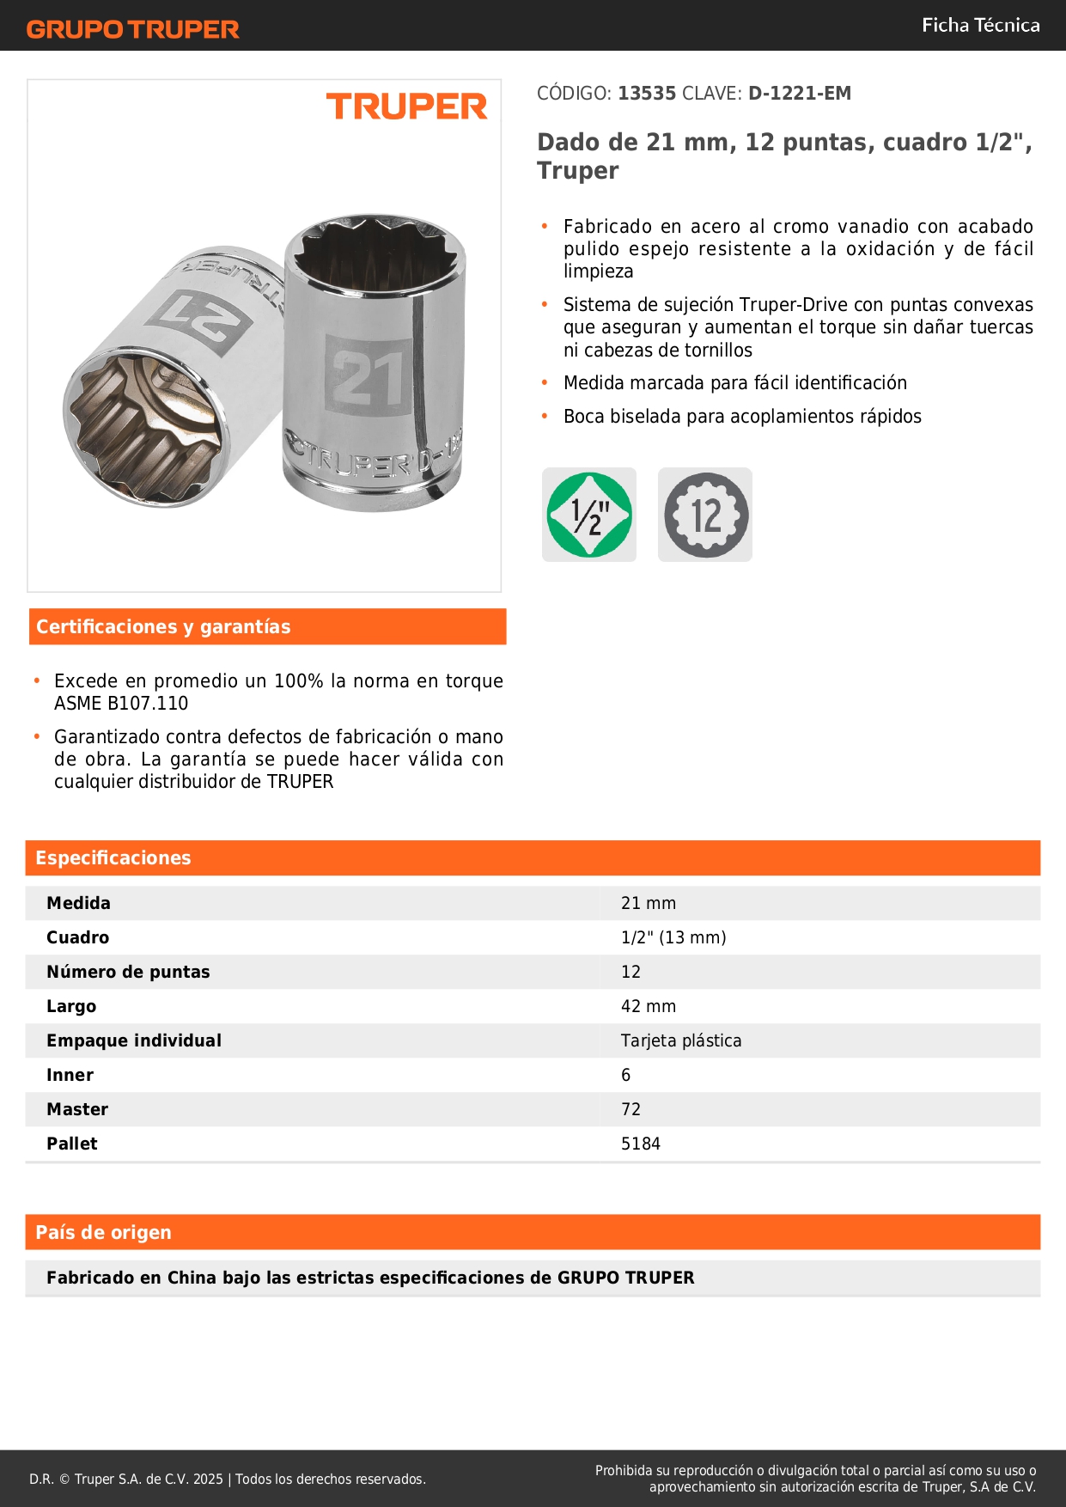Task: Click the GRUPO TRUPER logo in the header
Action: tap(132, 29)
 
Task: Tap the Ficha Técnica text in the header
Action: tap(980, 26)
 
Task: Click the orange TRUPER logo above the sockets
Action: tap(406, 107)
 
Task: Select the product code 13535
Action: tap(647, 94)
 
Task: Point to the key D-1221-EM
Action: tap(799, 94)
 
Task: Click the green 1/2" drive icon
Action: tap(589, 515)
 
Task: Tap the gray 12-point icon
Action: tap(705, 515)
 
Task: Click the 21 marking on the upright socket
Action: tap(369, 377)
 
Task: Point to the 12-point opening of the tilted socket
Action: tap(146, 429)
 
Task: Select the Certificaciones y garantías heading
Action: tap(163, 627)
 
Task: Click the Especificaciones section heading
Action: tap(113, 858)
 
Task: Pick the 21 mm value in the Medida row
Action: tap(649, 903)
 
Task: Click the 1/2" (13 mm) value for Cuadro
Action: tap(673, 937)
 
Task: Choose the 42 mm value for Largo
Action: tap(649, 1006)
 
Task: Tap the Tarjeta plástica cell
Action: tap(681, 1040)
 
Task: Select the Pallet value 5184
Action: tap(641, 1144)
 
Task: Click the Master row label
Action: tap(77, 1109)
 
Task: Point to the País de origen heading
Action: tap(103, 1233)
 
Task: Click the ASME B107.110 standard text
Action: tap(121, 704)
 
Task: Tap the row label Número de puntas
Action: tap(128, 972)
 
